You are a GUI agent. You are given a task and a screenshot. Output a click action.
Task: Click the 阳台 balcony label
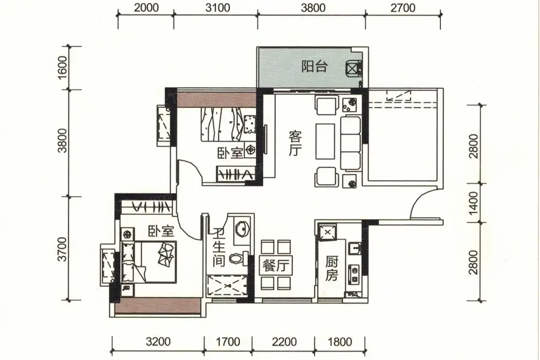[x=314, y=67]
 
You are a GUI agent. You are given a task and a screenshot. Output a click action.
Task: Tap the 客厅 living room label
[x=295, y=143]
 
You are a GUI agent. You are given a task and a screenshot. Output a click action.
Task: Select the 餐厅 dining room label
[x=276, y=266]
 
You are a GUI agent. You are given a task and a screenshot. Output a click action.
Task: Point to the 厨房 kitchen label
[x=332, y=269]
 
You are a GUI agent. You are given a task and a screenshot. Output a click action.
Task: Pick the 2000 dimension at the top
[x=146, y=8]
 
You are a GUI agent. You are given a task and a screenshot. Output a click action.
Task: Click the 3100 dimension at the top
[x=218, y=8]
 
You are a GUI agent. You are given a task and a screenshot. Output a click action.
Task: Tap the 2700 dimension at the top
[x=403, y=8]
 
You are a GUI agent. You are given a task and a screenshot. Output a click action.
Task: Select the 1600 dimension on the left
[x=62, y=68]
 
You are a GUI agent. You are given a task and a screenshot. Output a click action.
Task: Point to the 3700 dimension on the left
[x=62, y=249]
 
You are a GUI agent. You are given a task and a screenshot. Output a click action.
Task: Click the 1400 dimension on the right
[x=474, y=203]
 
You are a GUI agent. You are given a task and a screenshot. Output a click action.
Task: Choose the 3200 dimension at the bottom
[x=158, y=341]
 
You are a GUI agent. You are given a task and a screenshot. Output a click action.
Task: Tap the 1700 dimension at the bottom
[x=227, y=341]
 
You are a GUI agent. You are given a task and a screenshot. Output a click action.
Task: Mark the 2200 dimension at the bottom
[x=284, y=341]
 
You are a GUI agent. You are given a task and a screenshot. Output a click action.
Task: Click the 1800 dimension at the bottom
[x=340, y=341]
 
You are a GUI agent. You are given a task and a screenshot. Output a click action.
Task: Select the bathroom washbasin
[x=243, y=228]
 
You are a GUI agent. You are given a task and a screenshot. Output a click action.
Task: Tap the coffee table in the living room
[x=325, y=141]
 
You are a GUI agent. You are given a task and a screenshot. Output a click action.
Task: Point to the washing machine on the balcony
[x=353, y=68]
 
